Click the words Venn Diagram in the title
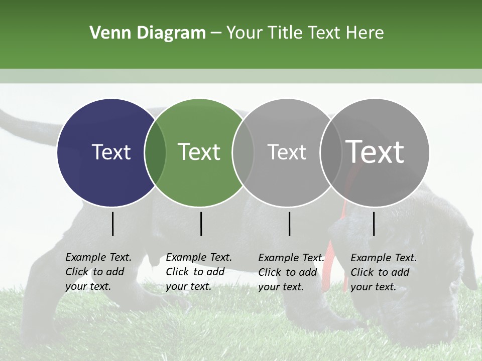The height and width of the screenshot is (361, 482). (x=148, y=33)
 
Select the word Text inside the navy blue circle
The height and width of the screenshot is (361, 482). (x=111, y=152)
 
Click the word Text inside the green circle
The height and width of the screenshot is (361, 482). (x=199, y=152)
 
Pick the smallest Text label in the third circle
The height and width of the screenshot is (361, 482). (x=287, y=152)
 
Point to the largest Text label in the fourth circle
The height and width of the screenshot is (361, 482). (x=375, y=151)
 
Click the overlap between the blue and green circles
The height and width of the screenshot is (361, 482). (x=155, y=152)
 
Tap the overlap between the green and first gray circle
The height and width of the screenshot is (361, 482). (x=243, y=152)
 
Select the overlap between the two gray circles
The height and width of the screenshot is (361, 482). (x=331, y=152)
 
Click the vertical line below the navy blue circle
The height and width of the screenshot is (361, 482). (x=112, y=224)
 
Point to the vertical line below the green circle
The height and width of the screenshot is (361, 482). (x=201, y=224)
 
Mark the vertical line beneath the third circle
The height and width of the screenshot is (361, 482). (x=289, y=224)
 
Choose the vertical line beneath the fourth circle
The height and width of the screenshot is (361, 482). (x=374, y=224)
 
